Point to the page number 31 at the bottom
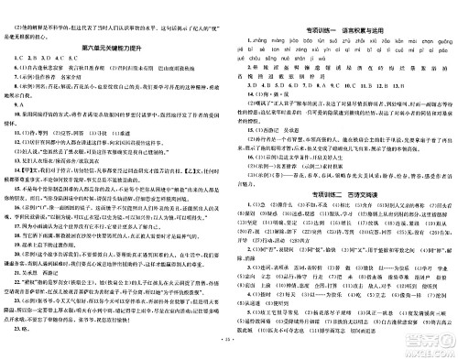click(x=230, y=351)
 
